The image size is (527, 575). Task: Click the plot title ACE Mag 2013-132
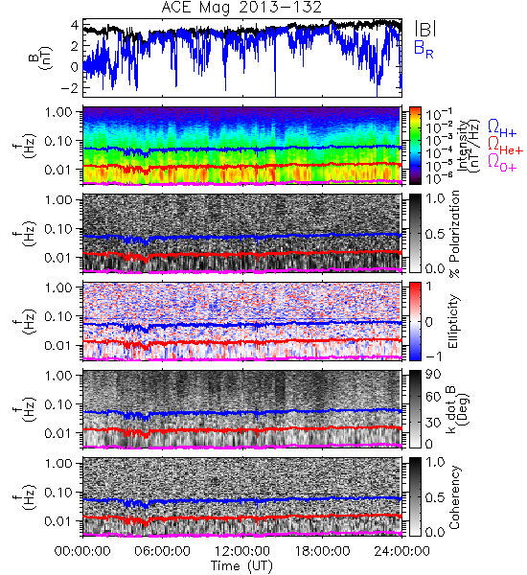(x=241, y=7)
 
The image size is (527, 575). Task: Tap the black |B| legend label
(x=425, y=28)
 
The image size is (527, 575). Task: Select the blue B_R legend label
(x=424, y=49)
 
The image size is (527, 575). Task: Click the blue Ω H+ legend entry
(x=502, y=128)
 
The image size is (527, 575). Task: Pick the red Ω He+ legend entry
(x=505, y=146)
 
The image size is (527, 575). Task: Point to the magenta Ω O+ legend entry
(x=502, y=163)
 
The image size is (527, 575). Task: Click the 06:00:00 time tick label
(x=163, y=551)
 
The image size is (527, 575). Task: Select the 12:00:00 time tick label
(x=242, y=551)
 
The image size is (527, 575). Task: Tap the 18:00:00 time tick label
(x=322, y=551)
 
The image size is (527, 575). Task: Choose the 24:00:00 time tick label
(x=401, y=551)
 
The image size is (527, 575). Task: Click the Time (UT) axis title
(x=242, y=566)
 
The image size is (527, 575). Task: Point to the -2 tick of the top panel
(x=69, y=88)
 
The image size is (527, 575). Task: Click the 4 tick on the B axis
(x=75, y=25)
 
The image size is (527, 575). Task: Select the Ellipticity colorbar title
(x=453, y=321)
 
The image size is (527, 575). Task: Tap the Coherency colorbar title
(x=453, y=497)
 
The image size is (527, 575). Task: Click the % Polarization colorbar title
(x=453, y=234)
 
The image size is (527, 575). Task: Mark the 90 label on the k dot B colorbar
(x=432, y=375)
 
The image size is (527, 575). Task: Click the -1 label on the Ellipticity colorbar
(x=433, y=356)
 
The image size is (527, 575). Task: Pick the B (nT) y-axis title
(x=40, y=57)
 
